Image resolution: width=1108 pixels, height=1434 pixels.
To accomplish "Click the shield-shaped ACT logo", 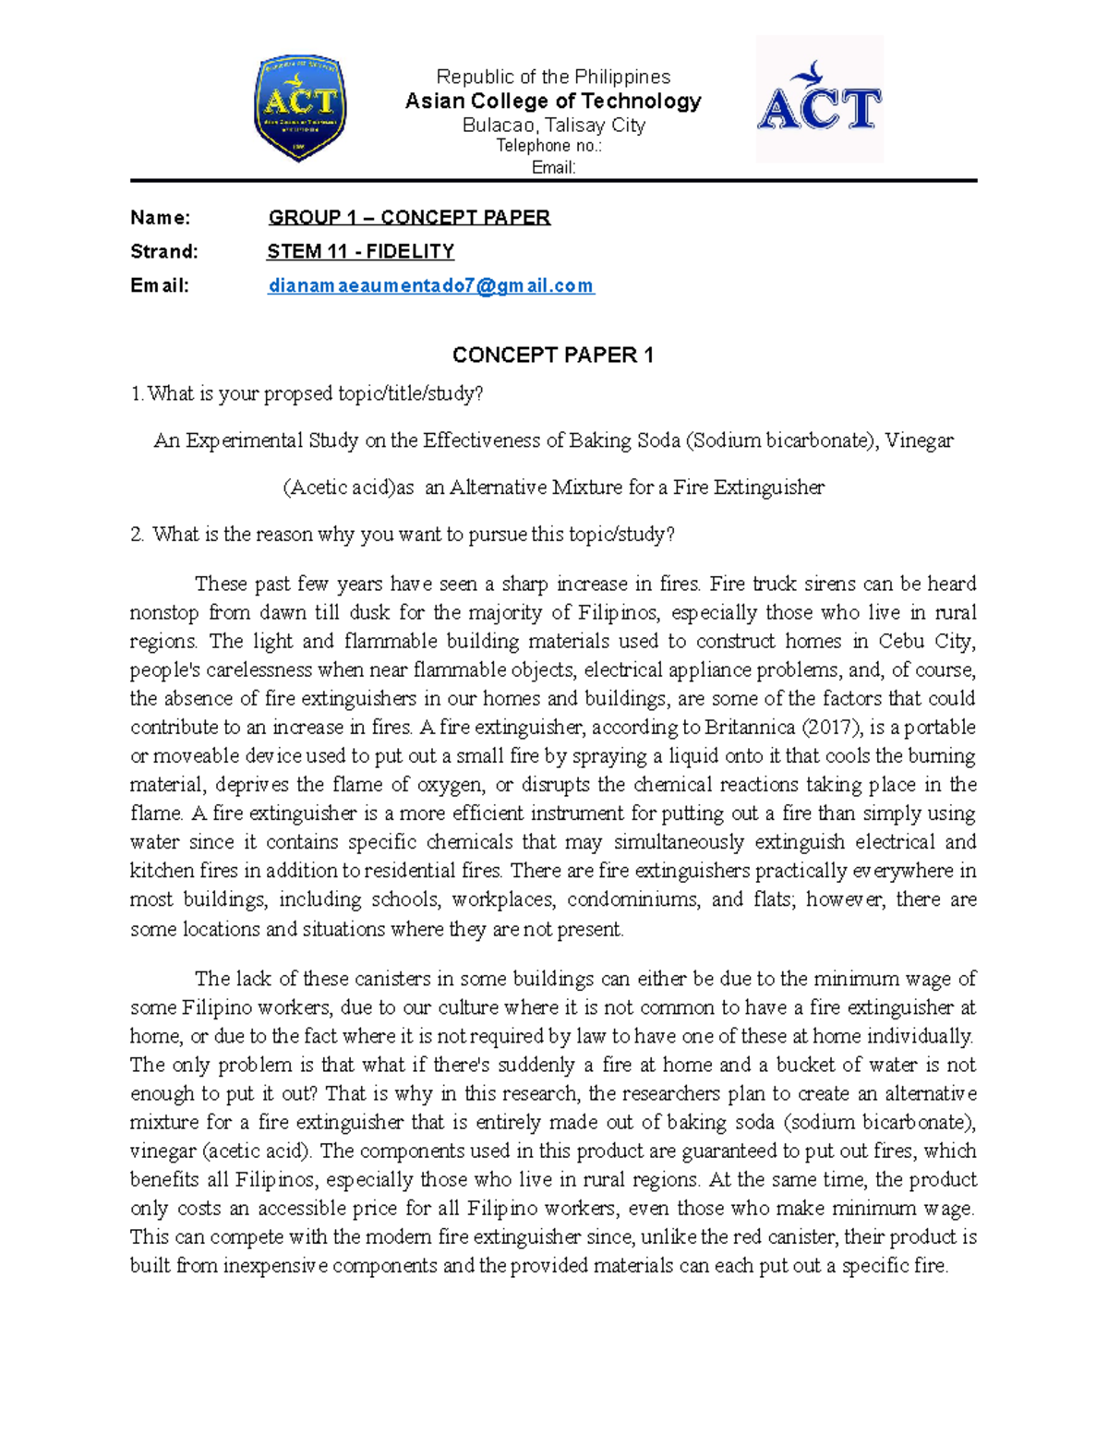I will tap(300, 107).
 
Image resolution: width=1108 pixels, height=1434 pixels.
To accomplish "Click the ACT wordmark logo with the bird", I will tap(819, 100).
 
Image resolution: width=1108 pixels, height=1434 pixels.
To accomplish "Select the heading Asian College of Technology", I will tap(553, 102).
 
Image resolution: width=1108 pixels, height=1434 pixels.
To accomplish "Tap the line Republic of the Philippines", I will tap(553, 77).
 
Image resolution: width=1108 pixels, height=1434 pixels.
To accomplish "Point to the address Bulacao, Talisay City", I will tap(553, 126).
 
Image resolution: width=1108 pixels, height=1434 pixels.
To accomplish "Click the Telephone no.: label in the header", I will tap(548, 146).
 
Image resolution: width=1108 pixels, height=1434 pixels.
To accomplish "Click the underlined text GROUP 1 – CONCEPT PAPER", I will tap(409, 218).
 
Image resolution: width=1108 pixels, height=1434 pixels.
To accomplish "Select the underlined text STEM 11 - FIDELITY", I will tap(360, 252).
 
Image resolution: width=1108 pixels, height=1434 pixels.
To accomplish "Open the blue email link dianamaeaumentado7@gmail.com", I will tap(430, 286).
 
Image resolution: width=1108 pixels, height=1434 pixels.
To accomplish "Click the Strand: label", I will tap(164, 252).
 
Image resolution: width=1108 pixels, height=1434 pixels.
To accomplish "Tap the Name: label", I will tap(161, 218).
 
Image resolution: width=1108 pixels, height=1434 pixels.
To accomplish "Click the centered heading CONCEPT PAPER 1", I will tap(552, 355).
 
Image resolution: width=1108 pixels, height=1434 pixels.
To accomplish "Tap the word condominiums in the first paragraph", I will tap(631, 899).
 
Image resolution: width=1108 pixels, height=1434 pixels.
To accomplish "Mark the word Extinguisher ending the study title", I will tap(768, 488).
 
